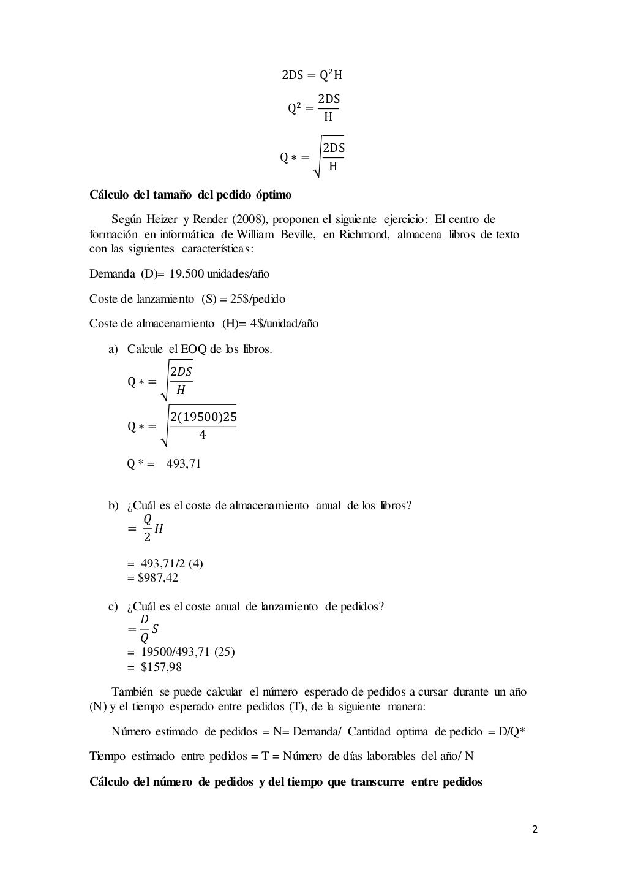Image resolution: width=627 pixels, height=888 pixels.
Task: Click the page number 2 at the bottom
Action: click(535, 830)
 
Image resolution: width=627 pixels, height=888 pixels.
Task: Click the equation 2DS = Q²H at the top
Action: click(312, 76)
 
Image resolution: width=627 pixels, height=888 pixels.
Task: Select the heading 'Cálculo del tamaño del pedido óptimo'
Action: click(190, 195)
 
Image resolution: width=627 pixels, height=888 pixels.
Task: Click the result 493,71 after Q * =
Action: click(184, 463)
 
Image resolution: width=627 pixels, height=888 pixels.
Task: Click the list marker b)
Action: click(113, 506)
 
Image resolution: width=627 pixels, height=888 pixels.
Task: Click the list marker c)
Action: click(113, 607)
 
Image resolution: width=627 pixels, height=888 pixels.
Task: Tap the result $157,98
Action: click(161, 667)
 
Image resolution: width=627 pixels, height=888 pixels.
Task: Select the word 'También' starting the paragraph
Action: click(132, 692)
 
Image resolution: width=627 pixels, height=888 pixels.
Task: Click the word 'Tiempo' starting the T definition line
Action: click(108, 756)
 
